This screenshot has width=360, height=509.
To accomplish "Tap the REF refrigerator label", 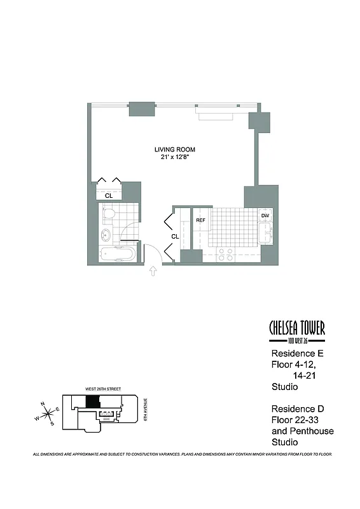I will [x=200, y=220].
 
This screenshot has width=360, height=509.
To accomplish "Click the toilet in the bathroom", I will [x=109, y=214].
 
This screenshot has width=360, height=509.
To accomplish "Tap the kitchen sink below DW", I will [x=265, y=234].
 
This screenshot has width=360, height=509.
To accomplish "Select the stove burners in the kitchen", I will [x=225, y=254].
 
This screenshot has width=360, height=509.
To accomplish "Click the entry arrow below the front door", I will [x=153, y=272].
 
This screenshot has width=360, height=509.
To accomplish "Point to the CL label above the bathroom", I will [x=109, y=196].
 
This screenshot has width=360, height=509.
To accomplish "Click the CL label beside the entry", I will [x=175, y=236].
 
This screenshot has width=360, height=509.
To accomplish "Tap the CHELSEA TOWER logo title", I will [x=297, y=328].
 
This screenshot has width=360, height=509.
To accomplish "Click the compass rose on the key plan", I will [x=48, y=414].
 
